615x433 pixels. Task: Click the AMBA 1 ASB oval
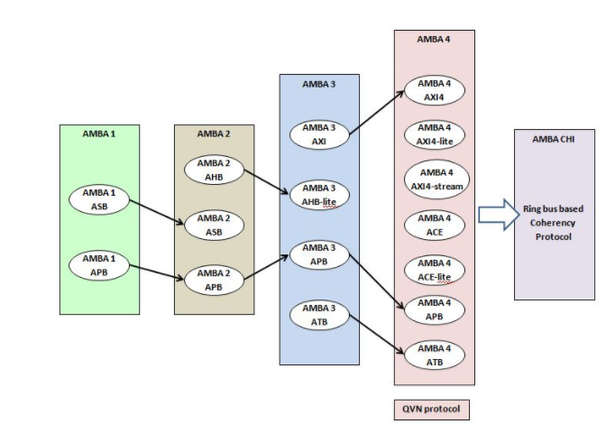tap(99, 198)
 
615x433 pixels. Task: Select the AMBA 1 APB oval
tap(99, 263)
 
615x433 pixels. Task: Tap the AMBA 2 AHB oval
tap(214, 169)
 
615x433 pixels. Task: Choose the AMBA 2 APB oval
tap(214, 281)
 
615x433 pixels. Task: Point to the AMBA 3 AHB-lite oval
tap(319, 193)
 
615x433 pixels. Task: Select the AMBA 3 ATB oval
tap(319, 316)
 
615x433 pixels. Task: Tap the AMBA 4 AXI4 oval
tap(434, 90)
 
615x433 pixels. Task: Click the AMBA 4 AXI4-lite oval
tap(434, 134)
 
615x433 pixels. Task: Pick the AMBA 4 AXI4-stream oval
tap(434, 179)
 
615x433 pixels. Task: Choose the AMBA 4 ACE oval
tap(434, 224)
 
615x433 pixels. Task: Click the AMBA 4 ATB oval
tap(434, 355)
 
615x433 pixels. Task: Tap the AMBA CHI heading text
tap(554, 138)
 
